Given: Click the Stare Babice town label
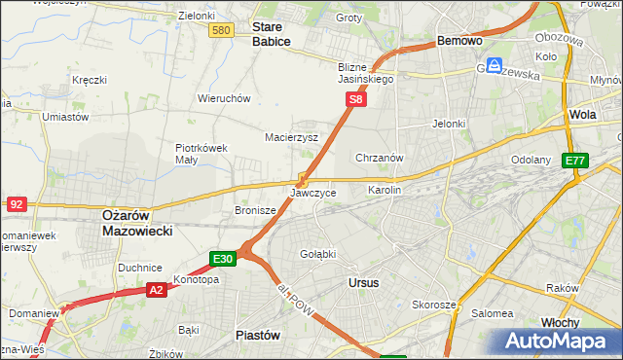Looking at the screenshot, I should click(273, 35).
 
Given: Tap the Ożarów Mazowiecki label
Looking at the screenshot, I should click(137, 223).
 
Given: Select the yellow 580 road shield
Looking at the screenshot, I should click(221, 31).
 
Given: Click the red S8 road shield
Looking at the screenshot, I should click(357, 99).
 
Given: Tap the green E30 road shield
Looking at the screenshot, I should click(223, 258).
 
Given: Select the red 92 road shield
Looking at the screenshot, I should click(17, 203).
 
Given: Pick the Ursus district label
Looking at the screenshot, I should click(363, 282).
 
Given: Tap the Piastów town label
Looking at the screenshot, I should click(258, 334).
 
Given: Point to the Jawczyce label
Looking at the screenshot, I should click(313, 193).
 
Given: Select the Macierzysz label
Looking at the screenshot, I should click(292, 137).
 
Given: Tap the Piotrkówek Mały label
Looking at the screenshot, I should click(202, 154).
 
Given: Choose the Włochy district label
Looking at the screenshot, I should click(560, 322).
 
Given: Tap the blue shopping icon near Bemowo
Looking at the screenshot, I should click(495, 65).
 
